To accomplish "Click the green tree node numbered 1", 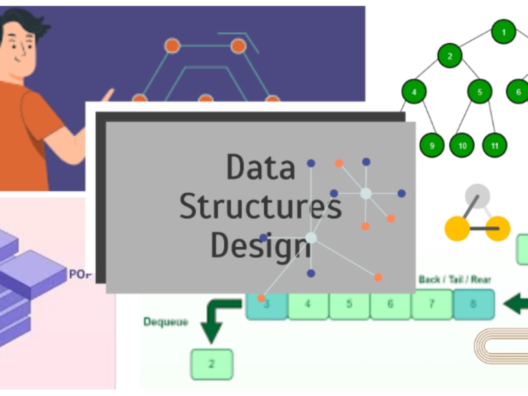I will point(503,32).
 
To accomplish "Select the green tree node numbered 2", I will point(450,56).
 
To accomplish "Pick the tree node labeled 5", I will point(479,92).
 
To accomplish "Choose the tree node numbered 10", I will point(462,145).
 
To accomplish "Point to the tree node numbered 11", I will point(495,145).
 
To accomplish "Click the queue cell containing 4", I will point(308,305).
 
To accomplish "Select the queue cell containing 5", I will point(349,305).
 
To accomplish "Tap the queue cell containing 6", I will point(390,305).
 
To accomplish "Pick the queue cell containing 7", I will point(431,305).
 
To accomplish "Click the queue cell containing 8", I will point(473,305).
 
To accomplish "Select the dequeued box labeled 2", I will point(211,364).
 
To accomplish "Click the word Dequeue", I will point(165,322).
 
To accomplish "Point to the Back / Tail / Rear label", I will point(454,279).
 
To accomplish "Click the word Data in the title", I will point(260,167).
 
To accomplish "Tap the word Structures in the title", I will point(260,207).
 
